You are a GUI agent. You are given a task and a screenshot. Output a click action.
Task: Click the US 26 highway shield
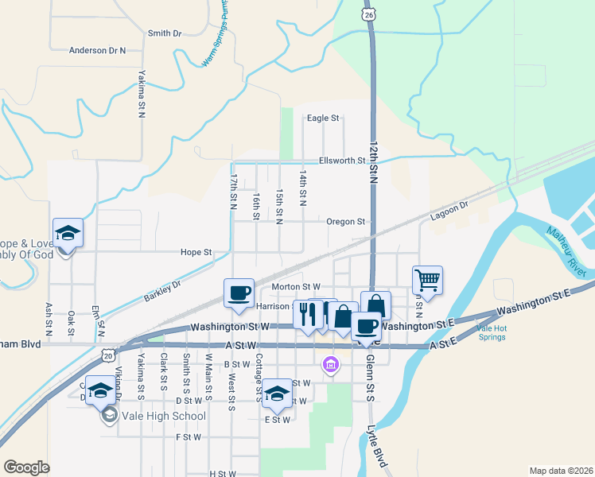click(x=367, y=15)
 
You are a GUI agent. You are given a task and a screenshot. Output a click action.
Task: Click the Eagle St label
click(x=323, y=118)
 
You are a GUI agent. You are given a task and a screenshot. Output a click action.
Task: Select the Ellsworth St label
click(x=341, y=160)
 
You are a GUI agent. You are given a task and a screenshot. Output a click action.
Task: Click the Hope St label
click(x=196, y=252)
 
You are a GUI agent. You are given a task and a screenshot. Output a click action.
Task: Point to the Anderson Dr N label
click(x=98, y=50)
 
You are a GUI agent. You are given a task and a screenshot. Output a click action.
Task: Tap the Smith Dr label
click(x=165, y=33)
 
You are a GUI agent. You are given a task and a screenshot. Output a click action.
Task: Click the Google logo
click(x=26, y=467)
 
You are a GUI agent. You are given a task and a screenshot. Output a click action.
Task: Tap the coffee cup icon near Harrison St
click(x=239, y=293)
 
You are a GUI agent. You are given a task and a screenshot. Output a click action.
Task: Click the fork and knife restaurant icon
click(x=307, y=313)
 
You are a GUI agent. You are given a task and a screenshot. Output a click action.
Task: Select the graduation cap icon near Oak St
click(x=68, y=232)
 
